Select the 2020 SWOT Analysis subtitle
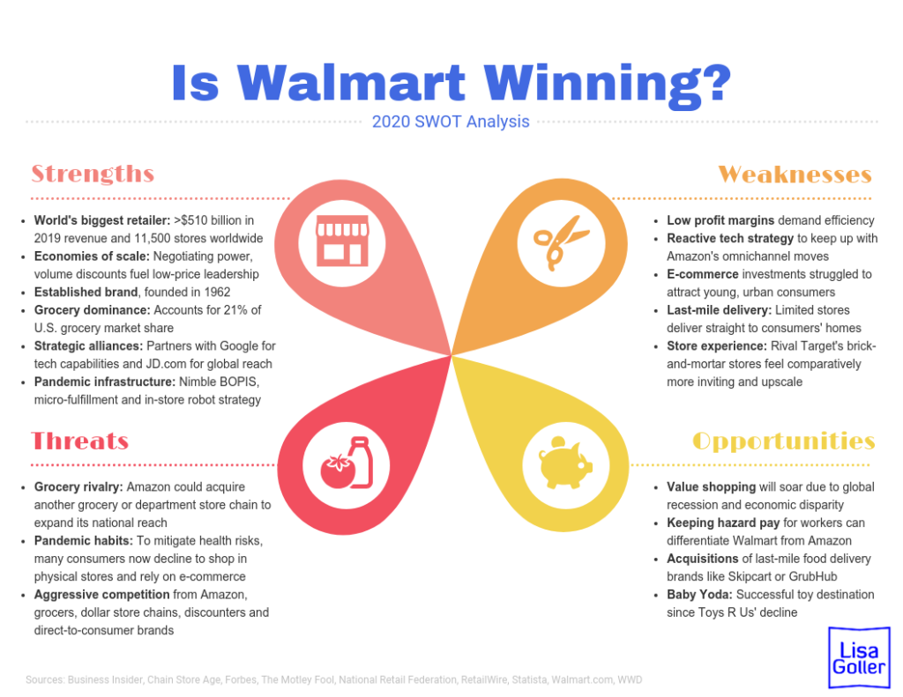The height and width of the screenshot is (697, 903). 451,122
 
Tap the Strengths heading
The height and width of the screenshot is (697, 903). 93,174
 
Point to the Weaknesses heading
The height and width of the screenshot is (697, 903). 795,174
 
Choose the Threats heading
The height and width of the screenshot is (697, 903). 80,441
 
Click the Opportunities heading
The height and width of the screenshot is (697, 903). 784,441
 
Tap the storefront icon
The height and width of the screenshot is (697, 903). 341,241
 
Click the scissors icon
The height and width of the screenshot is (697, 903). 561,241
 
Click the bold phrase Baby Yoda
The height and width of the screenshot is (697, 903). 698,594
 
